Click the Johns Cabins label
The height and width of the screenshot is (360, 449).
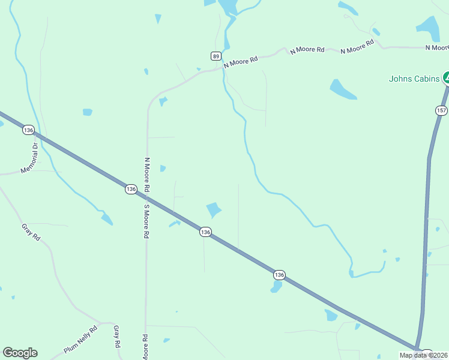pos(414,79)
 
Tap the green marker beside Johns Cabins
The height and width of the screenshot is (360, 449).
pos(447,77)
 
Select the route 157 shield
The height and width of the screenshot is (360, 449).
pos(441,110)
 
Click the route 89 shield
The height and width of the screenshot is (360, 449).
pos(215,56)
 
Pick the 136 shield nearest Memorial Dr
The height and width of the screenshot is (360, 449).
pos(28,130)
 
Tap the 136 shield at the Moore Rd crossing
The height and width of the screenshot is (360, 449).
pos(131,189)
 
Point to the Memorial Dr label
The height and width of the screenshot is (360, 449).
pos(29,158)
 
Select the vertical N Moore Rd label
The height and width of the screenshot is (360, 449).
pos(147,175)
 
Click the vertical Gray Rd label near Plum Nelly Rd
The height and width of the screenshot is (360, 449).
pos(117,337)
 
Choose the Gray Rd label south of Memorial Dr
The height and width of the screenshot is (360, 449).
pos(31,232)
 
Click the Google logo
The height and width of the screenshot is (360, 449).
pos(20,353)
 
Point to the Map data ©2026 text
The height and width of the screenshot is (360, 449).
pos(424,355)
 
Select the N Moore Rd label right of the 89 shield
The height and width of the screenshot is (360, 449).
pos(241,61)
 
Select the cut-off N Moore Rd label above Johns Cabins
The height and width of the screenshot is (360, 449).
pos(436,47)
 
